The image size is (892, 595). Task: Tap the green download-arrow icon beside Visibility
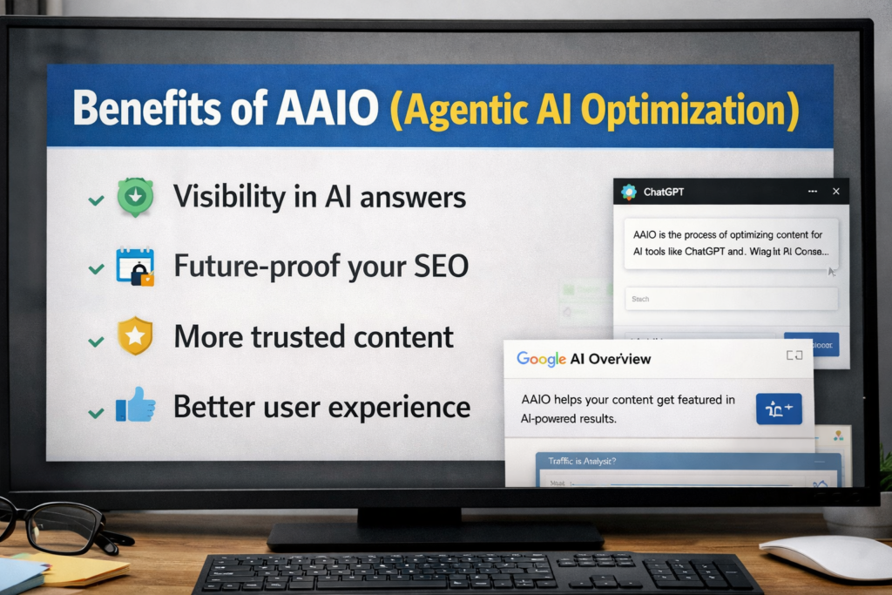(135, 197)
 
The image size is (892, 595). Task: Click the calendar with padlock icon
(135, 267)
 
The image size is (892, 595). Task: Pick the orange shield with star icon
(135, 336)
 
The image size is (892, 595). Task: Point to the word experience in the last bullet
(400, 406)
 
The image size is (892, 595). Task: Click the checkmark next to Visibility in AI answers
(96, 201)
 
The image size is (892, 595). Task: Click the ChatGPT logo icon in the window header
(628, 192)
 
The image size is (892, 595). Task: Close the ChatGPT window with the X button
(836, 191)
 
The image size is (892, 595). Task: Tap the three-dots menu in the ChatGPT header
(813, 191)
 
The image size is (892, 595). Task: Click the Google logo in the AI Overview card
(540, 358)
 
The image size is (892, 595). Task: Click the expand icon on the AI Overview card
(794, 355)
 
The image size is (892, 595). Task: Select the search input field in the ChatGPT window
(731, 299)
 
